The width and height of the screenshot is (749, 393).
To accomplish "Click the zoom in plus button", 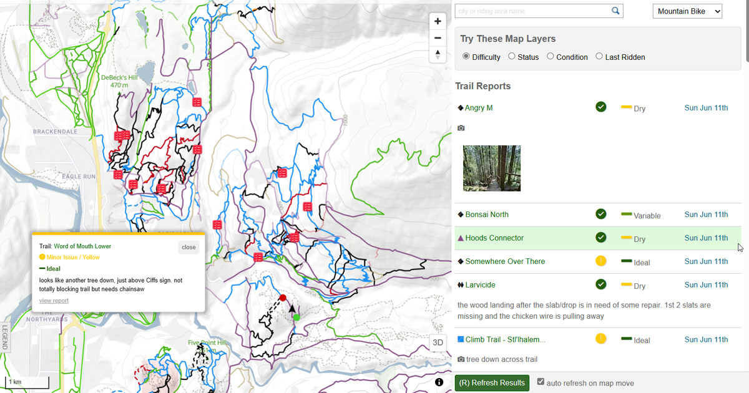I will (x=438, y=21).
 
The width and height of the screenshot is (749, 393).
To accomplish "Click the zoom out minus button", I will (x=438, y=38).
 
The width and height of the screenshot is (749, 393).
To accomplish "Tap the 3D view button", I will (x=438, y=342).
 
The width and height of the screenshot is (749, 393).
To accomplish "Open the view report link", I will (x=54, y=301).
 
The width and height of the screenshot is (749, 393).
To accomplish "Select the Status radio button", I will (x=512, y=56).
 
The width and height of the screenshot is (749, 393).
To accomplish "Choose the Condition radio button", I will (x=551, y=56).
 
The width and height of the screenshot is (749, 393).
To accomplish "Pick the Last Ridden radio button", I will (x=599, y=56).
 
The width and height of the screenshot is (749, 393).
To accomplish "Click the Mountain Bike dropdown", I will (x=687, y=11).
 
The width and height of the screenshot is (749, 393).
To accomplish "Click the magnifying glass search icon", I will (x=615, y=11).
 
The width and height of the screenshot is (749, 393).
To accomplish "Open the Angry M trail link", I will (x=479, y=108).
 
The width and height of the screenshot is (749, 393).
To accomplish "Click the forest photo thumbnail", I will (x=492, y=168).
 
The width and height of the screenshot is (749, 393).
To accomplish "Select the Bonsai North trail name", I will (x=487, y=215).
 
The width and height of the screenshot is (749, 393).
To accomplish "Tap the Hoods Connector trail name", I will (x=494, y=238).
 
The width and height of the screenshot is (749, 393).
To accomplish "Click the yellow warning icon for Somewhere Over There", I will (x=601, y=261).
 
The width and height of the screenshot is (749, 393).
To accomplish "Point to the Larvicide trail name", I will (x=480, y=285).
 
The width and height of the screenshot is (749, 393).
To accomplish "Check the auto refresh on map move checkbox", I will (x=541, y=382).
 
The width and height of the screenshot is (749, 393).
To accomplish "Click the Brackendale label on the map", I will (x=55, y=132).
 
